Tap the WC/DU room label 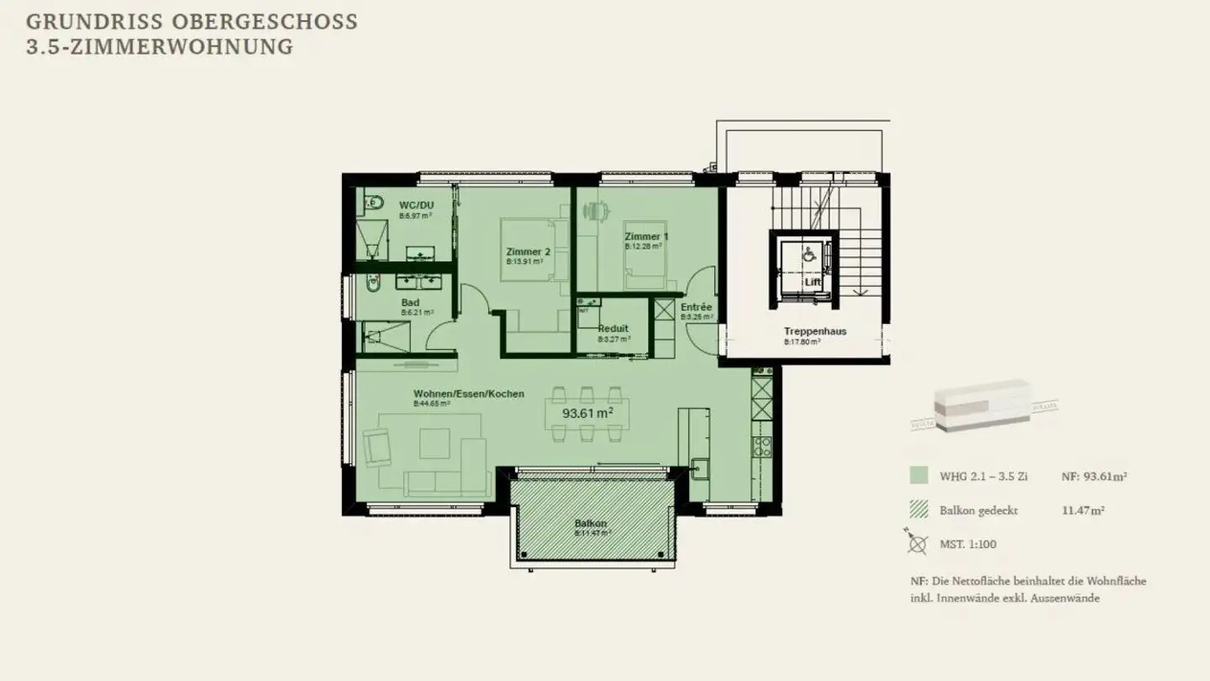[x=416, y=205]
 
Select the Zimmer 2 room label [x=528, y=252]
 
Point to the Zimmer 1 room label [x=646, y=237]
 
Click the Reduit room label [x=613, y=329]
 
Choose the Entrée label [x=697, y=308]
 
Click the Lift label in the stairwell [x=812, y=282]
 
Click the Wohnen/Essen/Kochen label [x=468, y=393]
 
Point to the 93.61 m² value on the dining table [x=587, y=414]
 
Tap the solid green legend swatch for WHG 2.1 [x=918, y=477]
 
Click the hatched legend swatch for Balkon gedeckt [x=918, y=510]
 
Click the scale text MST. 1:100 [x=967, y=544]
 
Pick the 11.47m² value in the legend [x=1083, y=510]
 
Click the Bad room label [x=410, y=303]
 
